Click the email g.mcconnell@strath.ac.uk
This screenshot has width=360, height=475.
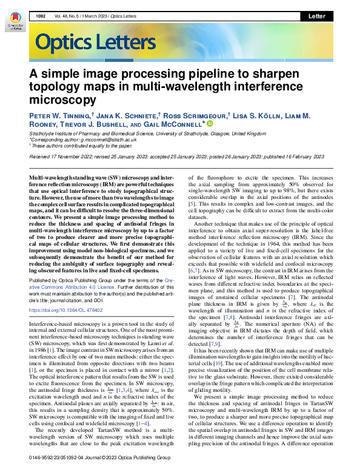tap(112, 140)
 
